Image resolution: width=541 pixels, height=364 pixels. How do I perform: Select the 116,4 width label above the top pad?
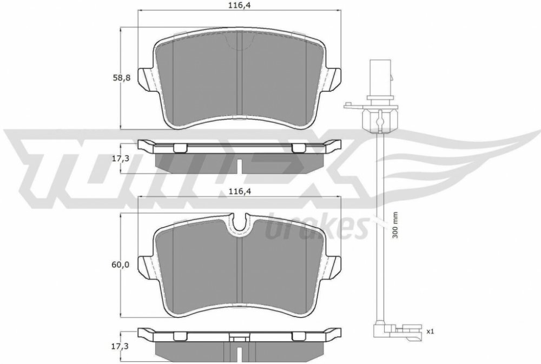pos(239,5)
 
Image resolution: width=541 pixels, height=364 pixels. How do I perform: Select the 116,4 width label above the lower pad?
pos(239,191)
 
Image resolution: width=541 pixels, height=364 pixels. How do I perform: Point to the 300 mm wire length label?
pos(395,226)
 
